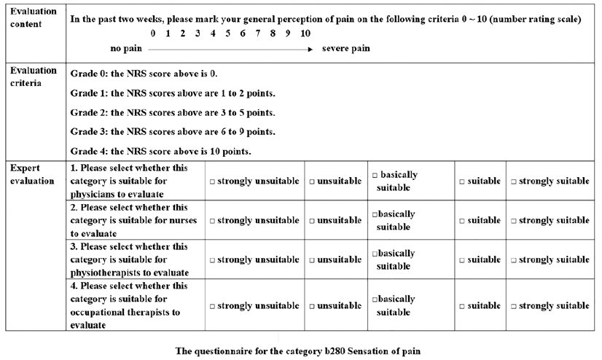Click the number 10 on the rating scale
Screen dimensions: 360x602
tap(305, 34)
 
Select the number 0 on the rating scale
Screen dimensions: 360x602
tap(153, 34)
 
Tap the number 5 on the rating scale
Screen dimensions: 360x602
tap(227, 34)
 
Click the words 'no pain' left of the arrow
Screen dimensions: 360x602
tap(125, 49)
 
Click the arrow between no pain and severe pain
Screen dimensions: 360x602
tap(230, 49)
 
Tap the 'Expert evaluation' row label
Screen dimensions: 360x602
tap(32, 174)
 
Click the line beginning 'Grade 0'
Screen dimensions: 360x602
tap(144, 74)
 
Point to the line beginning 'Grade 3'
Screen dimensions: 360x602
tap(173, 132)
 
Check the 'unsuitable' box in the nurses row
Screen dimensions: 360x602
tap(311, 220)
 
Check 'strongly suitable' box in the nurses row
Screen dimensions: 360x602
tap(513, 220)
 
